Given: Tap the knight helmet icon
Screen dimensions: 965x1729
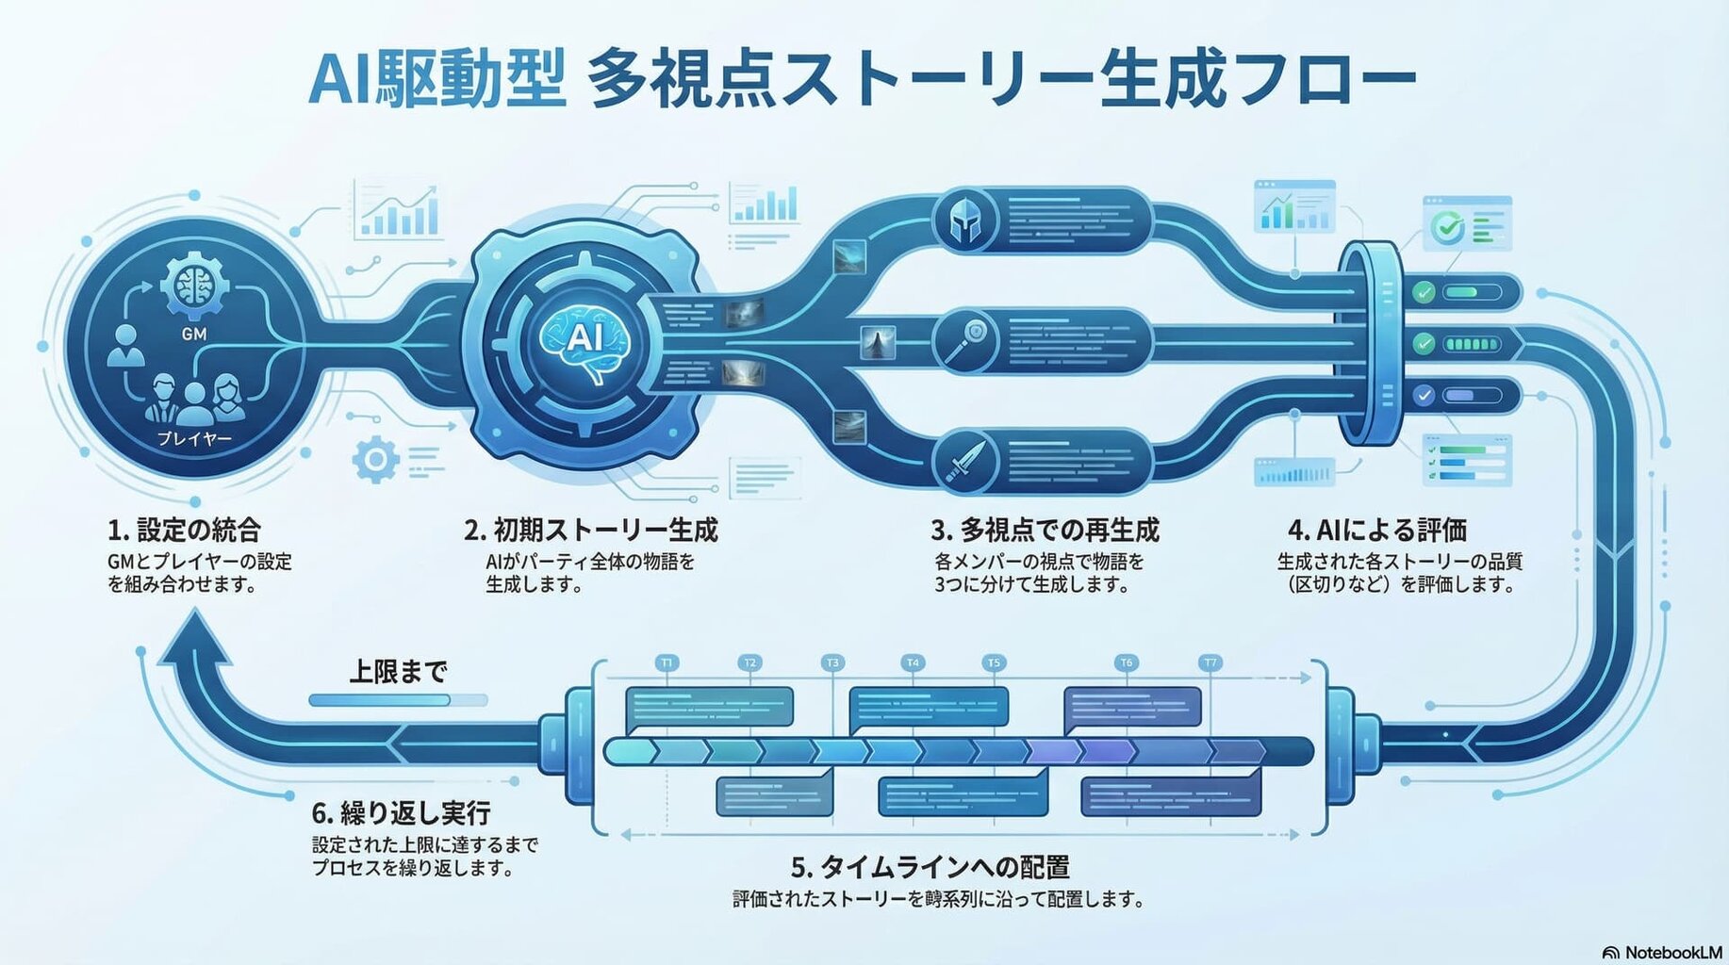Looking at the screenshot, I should tap(965, 221).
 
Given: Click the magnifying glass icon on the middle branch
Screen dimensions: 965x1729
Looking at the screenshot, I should tap(965, 340).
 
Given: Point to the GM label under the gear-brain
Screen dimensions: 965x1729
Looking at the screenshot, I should tap(194, 335).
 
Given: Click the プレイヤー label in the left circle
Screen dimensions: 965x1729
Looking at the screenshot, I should tap(194, 439).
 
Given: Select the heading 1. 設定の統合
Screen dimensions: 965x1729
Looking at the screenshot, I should tap(184, 530).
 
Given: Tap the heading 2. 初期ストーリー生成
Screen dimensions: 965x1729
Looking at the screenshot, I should tap(591, 530).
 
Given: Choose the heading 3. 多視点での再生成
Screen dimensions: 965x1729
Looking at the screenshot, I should tap(1045, 530).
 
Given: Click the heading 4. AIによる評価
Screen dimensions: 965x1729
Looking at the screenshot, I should tap(1377, 530).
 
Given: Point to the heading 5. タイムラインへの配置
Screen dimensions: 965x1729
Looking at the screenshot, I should tap(930, 867).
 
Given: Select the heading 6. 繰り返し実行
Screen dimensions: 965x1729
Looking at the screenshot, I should tap(402, 812).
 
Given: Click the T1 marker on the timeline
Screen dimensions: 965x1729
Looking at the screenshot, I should tap(667, 663).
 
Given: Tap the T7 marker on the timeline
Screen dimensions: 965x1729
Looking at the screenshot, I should tap(1210, 663).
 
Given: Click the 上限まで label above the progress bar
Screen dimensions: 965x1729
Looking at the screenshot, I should tap(398, 672).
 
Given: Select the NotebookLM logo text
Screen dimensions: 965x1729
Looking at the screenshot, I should tap(1663, 953).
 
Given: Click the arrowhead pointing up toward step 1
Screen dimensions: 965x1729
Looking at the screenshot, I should tap(196, 637).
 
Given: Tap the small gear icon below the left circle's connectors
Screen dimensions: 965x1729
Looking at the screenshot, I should tap(375, 460).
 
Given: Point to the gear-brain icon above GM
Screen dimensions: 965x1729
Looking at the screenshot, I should tap(194, 284).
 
